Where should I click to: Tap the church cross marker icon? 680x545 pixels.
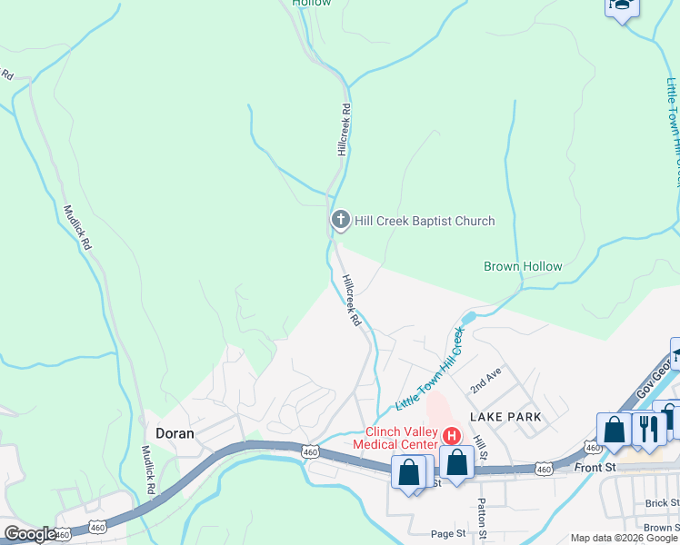click(x=340, y=219)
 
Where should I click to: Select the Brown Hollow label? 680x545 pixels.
click(x=523, y=267)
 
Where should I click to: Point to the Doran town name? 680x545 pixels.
click(x=175, y=433)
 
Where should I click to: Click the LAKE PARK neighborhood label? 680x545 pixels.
click(x=505, y=416)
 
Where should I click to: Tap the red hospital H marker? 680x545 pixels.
click(x=450, y=436)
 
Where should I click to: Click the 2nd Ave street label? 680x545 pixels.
click(x=486, y=381)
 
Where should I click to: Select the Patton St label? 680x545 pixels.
click(x=482, y=521)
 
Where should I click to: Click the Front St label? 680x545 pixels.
click(x=596, y=467)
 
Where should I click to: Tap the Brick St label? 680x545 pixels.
click(x=662, y=503)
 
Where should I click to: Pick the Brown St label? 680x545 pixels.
click(x=662, y=527)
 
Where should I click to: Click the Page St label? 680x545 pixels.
click(x=448, y=534)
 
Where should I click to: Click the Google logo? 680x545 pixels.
click(x=29, y=534)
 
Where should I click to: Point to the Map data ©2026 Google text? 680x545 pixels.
click(x=624, y=538)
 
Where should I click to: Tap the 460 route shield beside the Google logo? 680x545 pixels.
click(x=63, y=536)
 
